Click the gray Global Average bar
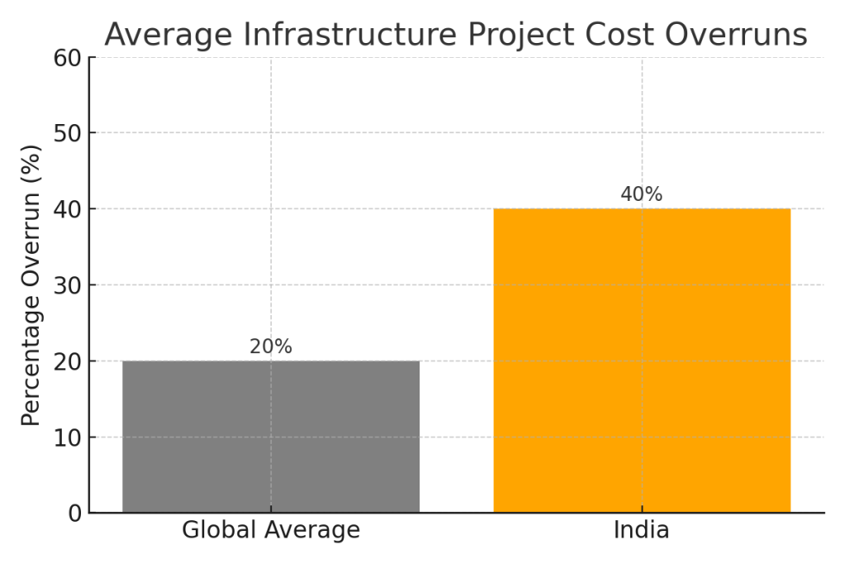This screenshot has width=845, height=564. tap(271, 437)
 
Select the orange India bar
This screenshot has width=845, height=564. tap(642, 361)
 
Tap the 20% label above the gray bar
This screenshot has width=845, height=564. tap(271, 347)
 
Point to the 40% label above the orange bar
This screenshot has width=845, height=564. tap(642, 195)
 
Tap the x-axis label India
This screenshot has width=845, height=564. tap(642, 530)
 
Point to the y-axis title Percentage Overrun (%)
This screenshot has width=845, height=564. tap(31, 285)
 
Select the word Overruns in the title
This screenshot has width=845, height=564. tap(734, 35)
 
